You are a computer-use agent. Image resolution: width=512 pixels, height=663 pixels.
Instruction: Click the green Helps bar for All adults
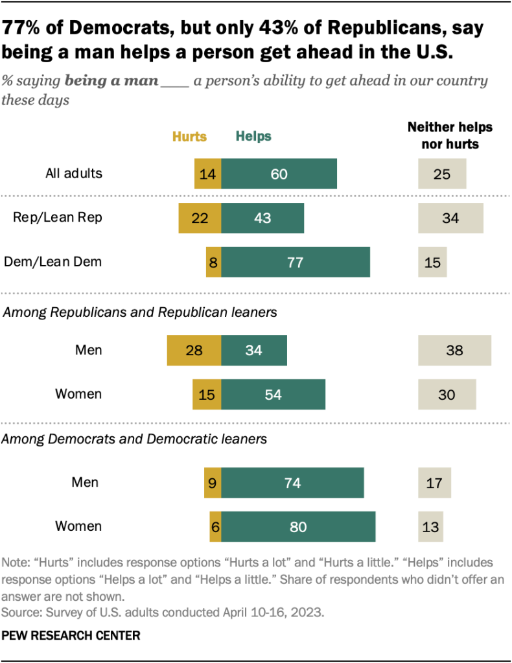279,174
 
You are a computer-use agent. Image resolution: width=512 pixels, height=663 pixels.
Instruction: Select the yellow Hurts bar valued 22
200,218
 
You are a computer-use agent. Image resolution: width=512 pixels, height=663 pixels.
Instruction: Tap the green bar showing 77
296,262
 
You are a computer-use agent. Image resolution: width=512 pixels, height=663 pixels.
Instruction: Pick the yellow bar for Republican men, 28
194,351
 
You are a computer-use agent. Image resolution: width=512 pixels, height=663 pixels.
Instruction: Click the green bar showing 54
273,394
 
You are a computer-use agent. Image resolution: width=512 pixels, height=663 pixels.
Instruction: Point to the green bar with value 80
298,526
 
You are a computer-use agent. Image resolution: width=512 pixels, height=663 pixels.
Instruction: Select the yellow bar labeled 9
213,482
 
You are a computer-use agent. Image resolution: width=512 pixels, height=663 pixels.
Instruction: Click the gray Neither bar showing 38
454,351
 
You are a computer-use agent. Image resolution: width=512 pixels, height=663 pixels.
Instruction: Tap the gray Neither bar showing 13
431,526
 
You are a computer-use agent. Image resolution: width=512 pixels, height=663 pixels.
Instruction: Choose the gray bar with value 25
442,174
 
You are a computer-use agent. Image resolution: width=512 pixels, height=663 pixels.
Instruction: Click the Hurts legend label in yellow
189,137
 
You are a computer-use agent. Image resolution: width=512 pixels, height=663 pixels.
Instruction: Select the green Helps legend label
253,137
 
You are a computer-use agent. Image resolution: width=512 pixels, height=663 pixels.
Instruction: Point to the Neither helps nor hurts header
450,135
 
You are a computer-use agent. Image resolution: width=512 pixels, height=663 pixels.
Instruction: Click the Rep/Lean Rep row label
58,218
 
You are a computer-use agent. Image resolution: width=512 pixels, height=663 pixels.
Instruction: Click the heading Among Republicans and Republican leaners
141,312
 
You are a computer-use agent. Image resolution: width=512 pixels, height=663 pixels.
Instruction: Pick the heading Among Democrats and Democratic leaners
135,439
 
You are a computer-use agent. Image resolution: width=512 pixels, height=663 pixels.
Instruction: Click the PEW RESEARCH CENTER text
71,636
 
